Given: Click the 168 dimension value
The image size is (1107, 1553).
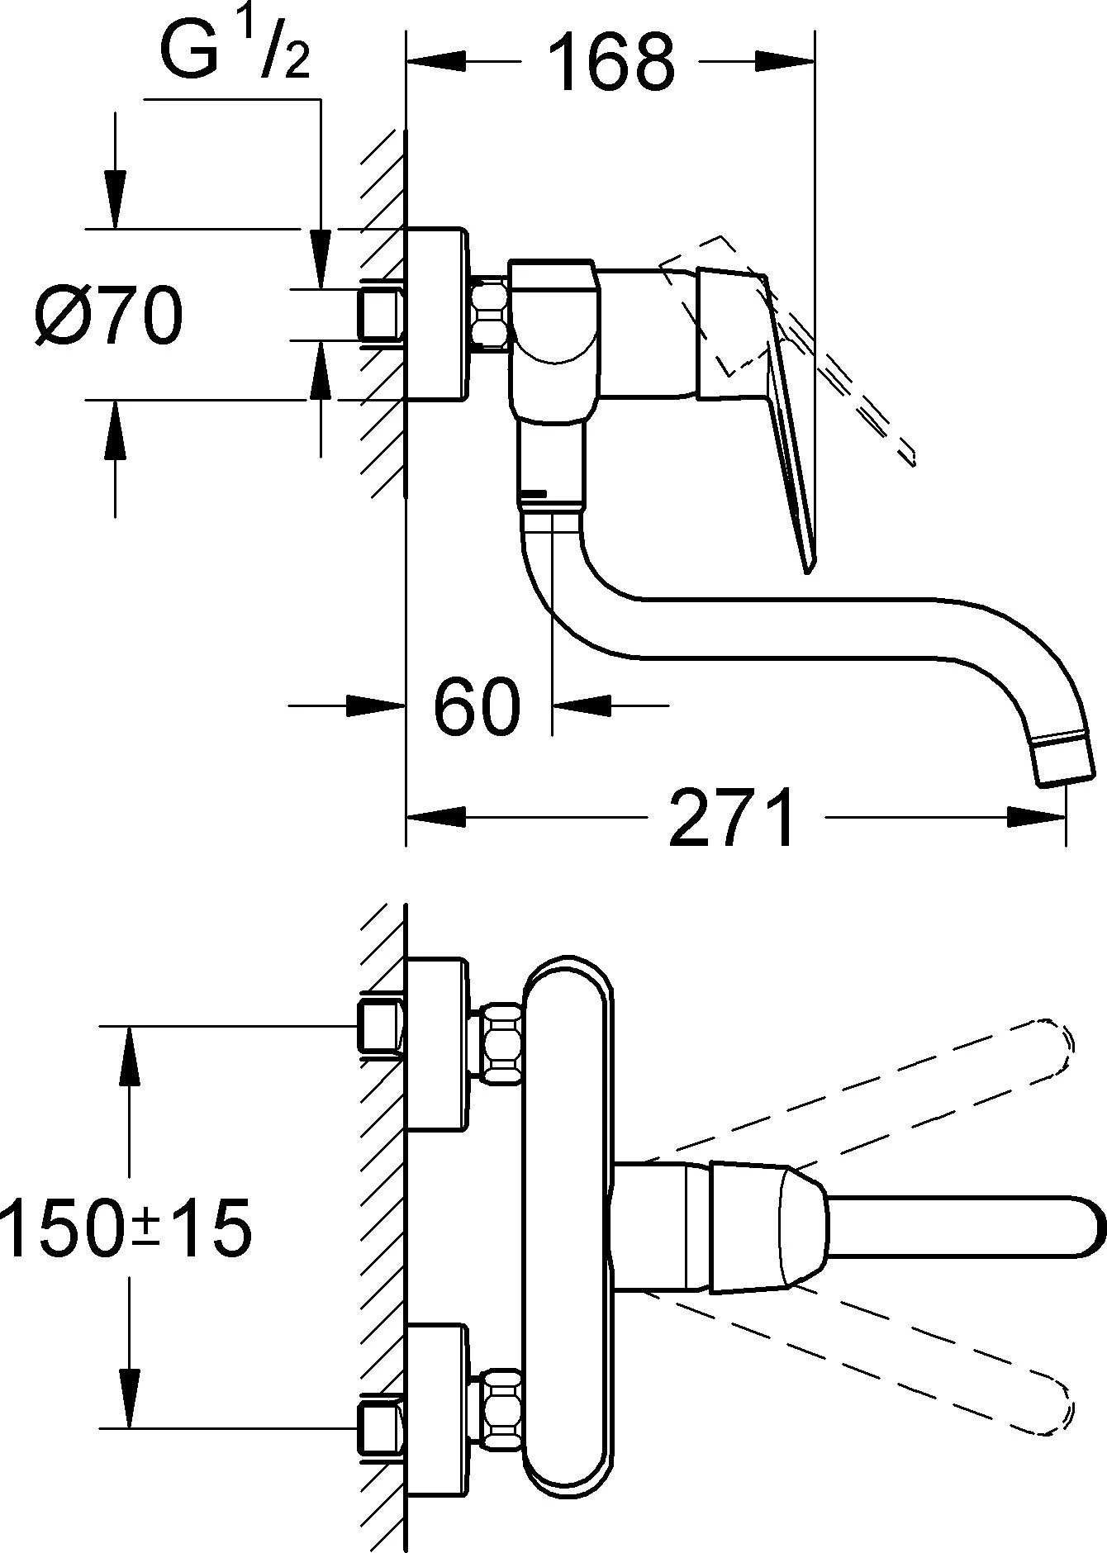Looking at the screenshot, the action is (x=611, y=62).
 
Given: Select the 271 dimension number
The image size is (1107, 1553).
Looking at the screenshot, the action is (x=731, y=818).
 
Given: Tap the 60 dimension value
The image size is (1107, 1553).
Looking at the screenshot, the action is (x=478, y=706).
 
